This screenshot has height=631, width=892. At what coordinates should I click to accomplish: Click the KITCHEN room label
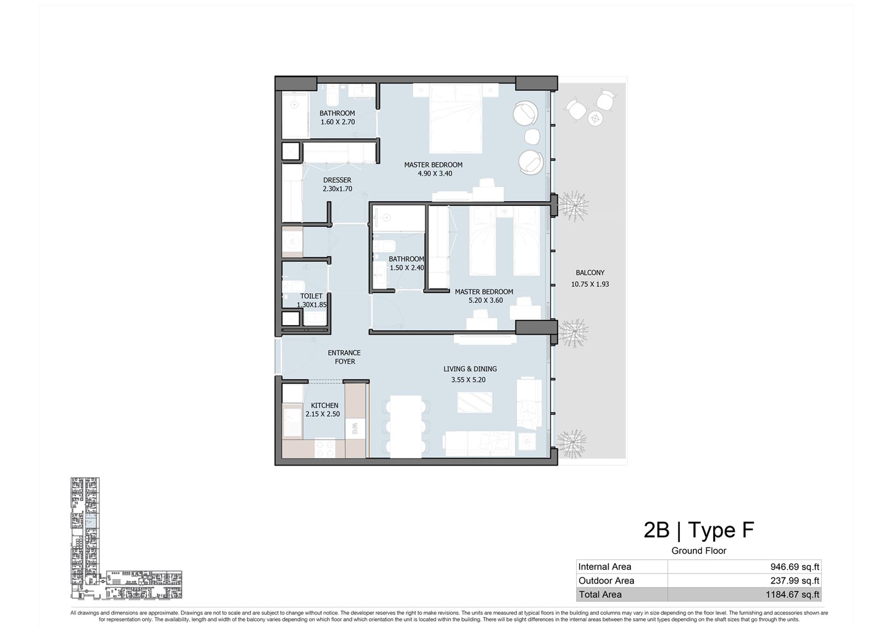[x=325, y=405]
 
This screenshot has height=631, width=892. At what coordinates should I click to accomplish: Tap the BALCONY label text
[x=590, y=273]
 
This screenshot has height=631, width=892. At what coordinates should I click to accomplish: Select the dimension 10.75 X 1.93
[x=590, y=284]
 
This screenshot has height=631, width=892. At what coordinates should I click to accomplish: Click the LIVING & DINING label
[x=470, y=369]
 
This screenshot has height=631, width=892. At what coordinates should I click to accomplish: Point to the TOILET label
[x=311, y=296]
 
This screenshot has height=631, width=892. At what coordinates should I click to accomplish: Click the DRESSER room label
[x=337, y=180]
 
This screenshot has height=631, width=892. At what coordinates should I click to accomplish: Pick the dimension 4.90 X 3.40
[x=435, y=173]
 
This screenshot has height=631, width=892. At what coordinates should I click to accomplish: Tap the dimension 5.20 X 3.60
[x=486, y=300]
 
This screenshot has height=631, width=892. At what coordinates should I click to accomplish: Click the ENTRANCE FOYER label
[x=344, y=357]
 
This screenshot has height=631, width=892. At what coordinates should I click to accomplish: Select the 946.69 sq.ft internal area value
[x=794, y=567]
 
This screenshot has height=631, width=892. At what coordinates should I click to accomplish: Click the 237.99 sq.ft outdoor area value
[x=794, y=580]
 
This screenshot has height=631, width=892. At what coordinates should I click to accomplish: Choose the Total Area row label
[x=600, y=594]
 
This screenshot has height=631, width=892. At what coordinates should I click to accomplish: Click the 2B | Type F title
[x=698, y=530]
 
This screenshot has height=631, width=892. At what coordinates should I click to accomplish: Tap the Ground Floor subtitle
[x=699, y=551]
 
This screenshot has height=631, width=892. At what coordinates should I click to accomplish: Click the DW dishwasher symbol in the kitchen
[x=355, y=429]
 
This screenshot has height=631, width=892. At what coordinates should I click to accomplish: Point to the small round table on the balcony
[x=596, y=118]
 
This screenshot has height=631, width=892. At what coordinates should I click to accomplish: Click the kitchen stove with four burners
[x=325, y=449]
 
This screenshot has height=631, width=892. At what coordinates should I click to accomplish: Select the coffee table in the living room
[x=475, y=402]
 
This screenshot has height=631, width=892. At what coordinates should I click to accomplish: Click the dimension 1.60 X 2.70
[x=337, y=122]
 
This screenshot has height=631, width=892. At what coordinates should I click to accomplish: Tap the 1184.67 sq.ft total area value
[x=792, y=594]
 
